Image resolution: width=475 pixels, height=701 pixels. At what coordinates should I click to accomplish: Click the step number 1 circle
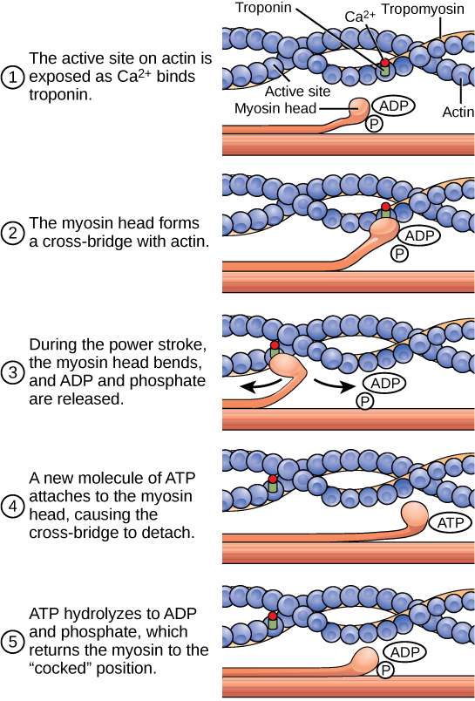(x=12, y=78)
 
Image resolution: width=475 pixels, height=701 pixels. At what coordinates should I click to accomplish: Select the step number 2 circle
(x=12, y=234)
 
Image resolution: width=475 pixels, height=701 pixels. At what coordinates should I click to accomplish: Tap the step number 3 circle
(x=12, y=373)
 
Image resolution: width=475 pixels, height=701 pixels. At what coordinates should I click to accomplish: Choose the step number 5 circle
(x=12, y=643)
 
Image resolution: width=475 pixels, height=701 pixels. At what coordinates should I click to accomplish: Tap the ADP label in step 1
(x=392, y=105)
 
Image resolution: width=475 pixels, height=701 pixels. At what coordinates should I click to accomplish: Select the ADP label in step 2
(x=418, y=235)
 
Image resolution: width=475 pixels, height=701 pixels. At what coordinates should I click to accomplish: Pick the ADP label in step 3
(x=384, y=384)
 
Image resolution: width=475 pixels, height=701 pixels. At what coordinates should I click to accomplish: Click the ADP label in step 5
(x=404, y=652)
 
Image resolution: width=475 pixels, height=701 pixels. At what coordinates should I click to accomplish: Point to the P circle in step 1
(x=374, y=125)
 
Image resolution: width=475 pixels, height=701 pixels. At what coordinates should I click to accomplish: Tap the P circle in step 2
(x=399, y=254)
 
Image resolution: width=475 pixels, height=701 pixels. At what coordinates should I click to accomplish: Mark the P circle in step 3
(x=365, y=402)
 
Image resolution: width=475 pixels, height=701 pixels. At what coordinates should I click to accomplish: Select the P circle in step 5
(x=385, y=670)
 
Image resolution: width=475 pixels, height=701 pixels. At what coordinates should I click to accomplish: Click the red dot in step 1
(x=384, y=63)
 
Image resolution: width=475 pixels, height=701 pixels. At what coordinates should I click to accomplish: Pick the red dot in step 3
(x=275, y=346)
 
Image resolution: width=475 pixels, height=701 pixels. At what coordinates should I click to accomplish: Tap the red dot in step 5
(x=272, y=616)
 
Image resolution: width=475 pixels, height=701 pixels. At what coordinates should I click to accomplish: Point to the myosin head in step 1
(x=359, y=109)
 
